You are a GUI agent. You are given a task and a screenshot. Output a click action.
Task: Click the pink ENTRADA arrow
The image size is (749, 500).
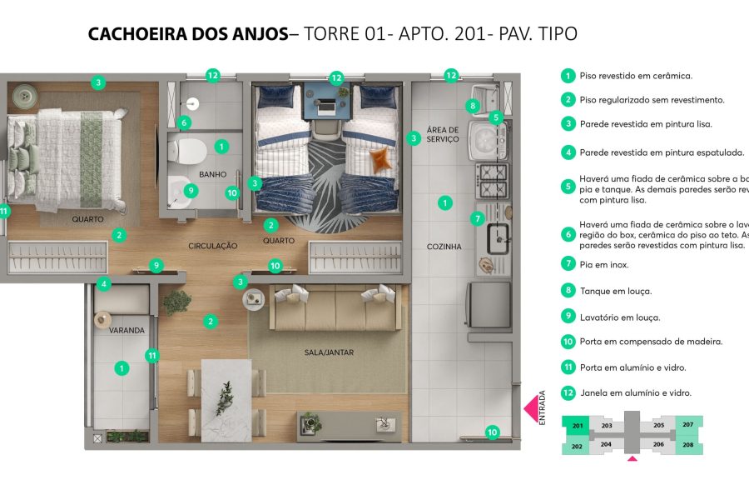click(530, 409)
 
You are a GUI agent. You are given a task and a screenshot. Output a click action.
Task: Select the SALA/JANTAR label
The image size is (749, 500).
click(329, 352)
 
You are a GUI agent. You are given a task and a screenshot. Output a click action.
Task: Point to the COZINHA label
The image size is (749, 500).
click(444, 247)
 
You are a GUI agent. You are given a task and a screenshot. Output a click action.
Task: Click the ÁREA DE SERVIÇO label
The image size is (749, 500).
click(443, 134)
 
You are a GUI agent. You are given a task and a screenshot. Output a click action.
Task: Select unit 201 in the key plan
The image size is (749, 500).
click(577, 425)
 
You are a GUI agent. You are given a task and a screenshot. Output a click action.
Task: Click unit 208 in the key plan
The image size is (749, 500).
click(688, 445)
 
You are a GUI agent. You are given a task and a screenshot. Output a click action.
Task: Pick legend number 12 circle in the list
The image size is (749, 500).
click(568, 392)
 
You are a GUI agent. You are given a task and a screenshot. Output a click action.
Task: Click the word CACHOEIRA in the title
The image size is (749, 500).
click(136, 34)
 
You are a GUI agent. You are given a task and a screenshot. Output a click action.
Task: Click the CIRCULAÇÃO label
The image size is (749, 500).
click(213, 246)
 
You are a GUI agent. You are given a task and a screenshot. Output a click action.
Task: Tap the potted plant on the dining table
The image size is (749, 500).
click(225, 398)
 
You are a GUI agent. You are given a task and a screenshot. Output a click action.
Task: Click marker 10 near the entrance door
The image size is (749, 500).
click(492, 432)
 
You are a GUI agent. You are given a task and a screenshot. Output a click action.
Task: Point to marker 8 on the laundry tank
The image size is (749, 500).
click(473, 106)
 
